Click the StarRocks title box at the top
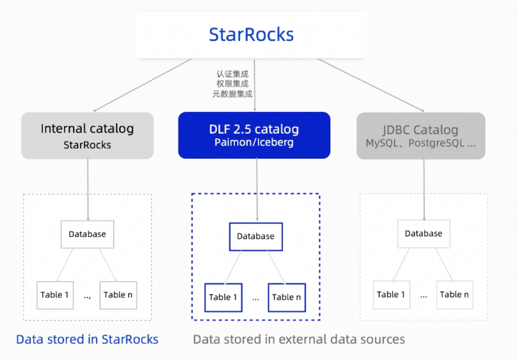(251, 35)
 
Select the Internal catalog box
(87, 135)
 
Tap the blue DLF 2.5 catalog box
(254, 135)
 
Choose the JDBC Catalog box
(421, 136)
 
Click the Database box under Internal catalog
(87, 234)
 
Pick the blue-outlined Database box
(256, 237)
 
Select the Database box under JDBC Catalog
(424, 234)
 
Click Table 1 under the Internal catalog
(55, 295)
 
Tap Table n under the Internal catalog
(118, 295)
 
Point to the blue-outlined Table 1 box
(223, 297)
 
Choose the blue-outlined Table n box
(287, 297)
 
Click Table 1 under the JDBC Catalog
(391, 295)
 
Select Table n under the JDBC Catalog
(455, 295)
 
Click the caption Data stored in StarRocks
(87, 339)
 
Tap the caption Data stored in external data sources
(299, 339)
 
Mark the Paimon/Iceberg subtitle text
(254, 143)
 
